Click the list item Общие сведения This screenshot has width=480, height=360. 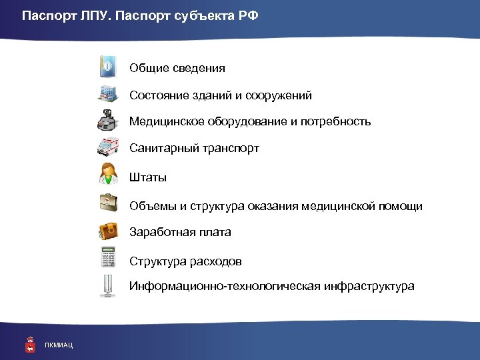click(x=177, y=68)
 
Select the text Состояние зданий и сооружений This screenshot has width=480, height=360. click(x=221, y=95)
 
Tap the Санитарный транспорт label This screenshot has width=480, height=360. click(x=194, y=148)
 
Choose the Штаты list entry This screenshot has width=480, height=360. click(x=148, y=177)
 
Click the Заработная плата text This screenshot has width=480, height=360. click(x=180, y=232)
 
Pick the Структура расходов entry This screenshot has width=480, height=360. click(x=185, y=261)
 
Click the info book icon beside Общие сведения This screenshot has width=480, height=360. click(x=108, y=67)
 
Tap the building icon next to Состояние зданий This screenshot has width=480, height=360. click(x=108, y=95)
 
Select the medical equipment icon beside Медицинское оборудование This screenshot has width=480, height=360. click(x=108, y=121)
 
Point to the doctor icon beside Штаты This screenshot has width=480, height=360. click(x=108, y=175)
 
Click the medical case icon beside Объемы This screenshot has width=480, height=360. click(x=108, y=204)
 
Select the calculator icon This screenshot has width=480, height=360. click(x=108, y=259)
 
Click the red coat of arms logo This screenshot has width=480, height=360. click(x=29, y=343)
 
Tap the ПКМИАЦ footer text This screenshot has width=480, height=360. click(x=59, y=344)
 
